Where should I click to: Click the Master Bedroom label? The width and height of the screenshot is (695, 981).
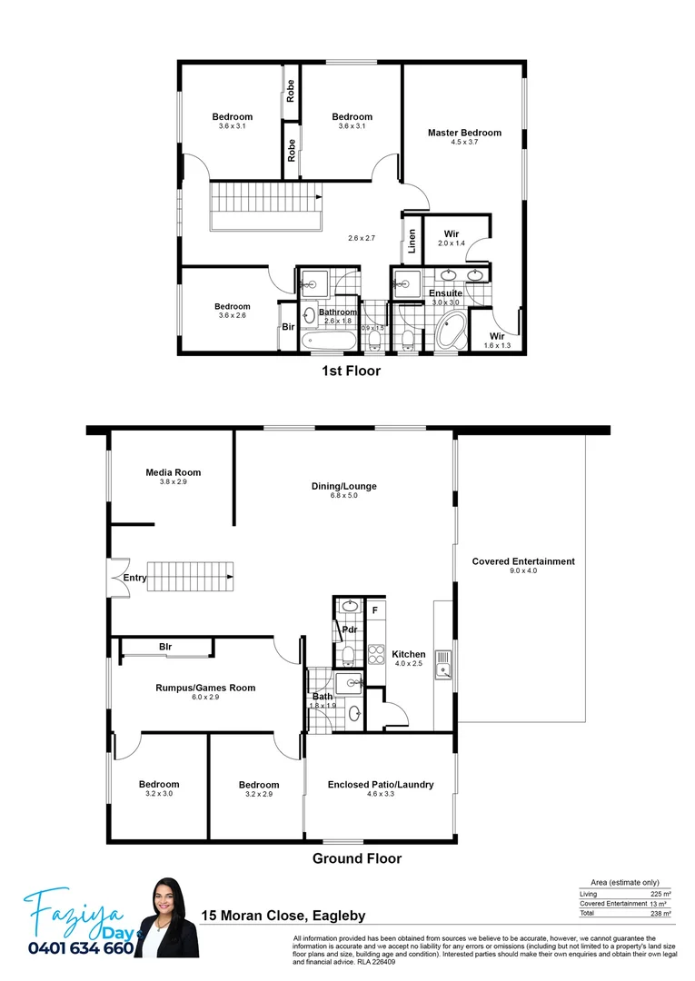point(464,133)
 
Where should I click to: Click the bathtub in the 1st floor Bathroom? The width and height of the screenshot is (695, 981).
point(328,342)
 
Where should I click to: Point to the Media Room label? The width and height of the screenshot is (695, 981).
point(174,472)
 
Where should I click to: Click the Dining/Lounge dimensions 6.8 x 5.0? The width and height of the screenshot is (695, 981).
point(343,497)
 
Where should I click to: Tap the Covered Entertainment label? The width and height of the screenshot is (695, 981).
point(523,561)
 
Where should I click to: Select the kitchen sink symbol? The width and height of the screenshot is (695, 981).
point(443,663)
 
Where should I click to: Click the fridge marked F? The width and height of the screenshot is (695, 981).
point(374,609)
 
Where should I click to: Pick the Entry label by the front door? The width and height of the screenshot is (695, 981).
point(134,578)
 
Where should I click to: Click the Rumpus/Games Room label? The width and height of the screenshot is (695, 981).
point(204,688)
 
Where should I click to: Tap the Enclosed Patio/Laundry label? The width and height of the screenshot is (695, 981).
point(381,785)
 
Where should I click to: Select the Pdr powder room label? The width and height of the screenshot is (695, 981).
point(349,629)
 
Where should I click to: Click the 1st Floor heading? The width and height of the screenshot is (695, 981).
point(351,371)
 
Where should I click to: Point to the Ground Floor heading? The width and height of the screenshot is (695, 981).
point(357,858)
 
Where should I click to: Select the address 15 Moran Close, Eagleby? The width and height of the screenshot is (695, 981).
point(283,916)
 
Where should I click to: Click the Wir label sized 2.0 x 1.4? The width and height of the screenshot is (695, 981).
point(452,234)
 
